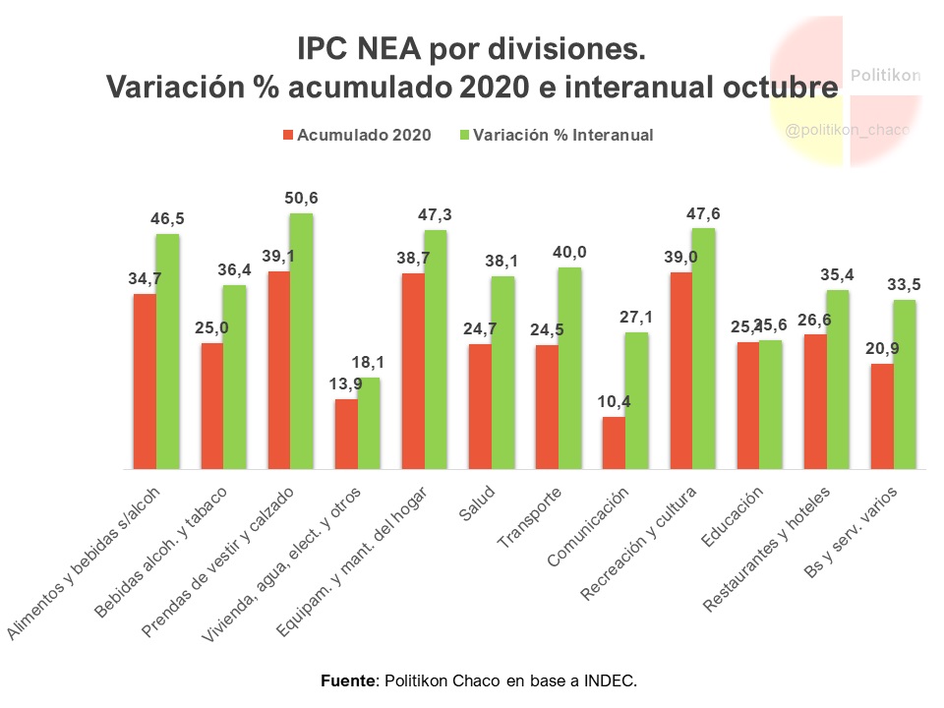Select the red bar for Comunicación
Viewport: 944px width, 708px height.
(x=614, y=443)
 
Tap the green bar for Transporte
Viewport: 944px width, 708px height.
(x=569, y=369)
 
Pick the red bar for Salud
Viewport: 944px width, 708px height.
(x=480, y=407)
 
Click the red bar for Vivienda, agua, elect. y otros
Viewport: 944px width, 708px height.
(x=346, y=435)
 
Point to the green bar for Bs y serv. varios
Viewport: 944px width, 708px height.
(x=905, y=384)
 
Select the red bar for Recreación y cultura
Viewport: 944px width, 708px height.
(x=680, y=372)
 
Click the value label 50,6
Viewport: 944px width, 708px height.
(x=301, y=198)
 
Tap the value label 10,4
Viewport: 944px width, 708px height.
(x=614, y=401)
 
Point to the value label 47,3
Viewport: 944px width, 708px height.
(x=435, y=214)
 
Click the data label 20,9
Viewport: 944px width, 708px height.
(x=882, y=348)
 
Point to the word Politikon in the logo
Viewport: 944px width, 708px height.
(x=885, y=75)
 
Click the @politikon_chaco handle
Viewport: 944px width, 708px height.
(x=848, y=130)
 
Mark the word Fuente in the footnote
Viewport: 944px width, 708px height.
(x=349, y=680)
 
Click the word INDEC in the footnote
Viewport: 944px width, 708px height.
(x=611, y=680)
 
